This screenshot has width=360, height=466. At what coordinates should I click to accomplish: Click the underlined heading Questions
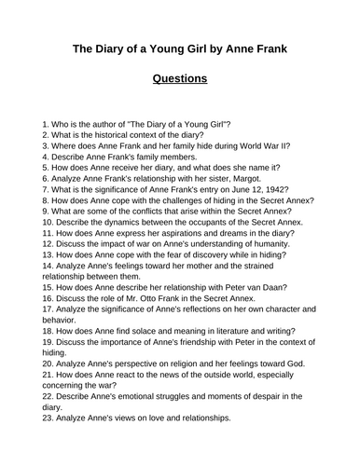pyautogui.click(x=180, y=78)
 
